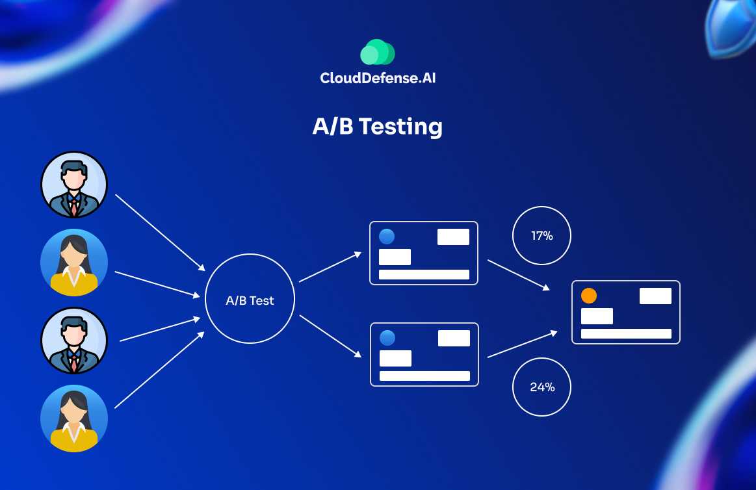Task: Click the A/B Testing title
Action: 377,126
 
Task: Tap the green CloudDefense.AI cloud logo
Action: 378,53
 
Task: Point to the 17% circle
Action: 541,236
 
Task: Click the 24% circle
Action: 542,387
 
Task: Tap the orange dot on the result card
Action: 588,296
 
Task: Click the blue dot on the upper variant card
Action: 387,237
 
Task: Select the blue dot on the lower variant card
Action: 387,338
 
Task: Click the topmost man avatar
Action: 74,185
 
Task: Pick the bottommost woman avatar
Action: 74,418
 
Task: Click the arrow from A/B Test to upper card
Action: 330,267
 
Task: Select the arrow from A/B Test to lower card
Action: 330,336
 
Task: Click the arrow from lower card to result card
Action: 522,344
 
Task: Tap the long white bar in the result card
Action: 626,333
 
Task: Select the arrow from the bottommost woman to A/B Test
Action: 159,370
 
